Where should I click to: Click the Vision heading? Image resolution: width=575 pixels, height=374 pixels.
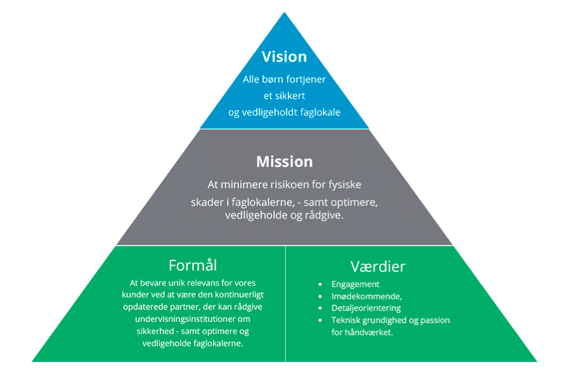click(284, 56)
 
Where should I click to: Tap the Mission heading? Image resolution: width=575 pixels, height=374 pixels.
click(284, 162)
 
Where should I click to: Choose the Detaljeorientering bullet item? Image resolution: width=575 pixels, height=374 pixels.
click(366, 308)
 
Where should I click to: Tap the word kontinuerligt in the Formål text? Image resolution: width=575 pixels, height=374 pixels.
click(226, 295)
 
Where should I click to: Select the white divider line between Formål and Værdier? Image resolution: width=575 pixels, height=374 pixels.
click(285, 304)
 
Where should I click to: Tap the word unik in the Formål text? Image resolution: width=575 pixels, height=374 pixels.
click(189, 283)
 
